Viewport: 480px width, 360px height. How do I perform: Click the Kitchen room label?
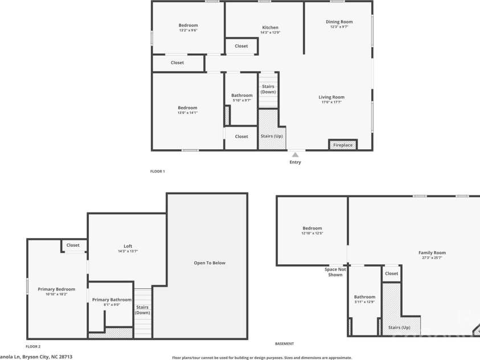(270, 27)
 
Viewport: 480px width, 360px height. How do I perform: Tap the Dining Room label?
(339, 22)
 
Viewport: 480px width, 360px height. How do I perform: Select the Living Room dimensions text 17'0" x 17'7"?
(331, 103)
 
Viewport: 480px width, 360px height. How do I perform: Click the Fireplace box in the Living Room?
(343, 145)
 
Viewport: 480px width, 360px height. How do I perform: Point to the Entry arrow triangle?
(295, 154)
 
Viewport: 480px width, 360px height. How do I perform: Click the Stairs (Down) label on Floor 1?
(268, 89)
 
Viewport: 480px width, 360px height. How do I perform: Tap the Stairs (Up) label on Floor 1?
(271, 136)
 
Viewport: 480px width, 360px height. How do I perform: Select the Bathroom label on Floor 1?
(241, 95)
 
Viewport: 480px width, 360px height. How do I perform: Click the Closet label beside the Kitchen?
(241, 46)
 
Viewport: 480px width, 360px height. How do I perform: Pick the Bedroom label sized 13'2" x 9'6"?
(188, 25)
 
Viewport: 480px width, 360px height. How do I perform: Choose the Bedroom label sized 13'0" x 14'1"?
(187, 108)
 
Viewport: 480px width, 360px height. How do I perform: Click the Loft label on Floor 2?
(128, 246)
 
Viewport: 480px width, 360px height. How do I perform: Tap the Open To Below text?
(210, 263)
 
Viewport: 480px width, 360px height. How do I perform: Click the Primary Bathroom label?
(112, 300)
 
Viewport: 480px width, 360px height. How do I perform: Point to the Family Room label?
(432, 252)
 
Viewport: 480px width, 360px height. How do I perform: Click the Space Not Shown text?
(335, 272)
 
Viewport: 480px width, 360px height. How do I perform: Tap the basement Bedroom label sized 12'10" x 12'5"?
(312, 228)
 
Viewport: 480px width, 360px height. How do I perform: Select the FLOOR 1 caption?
(157, 171)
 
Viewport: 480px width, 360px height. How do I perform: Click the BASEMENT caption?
(284, 343)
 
